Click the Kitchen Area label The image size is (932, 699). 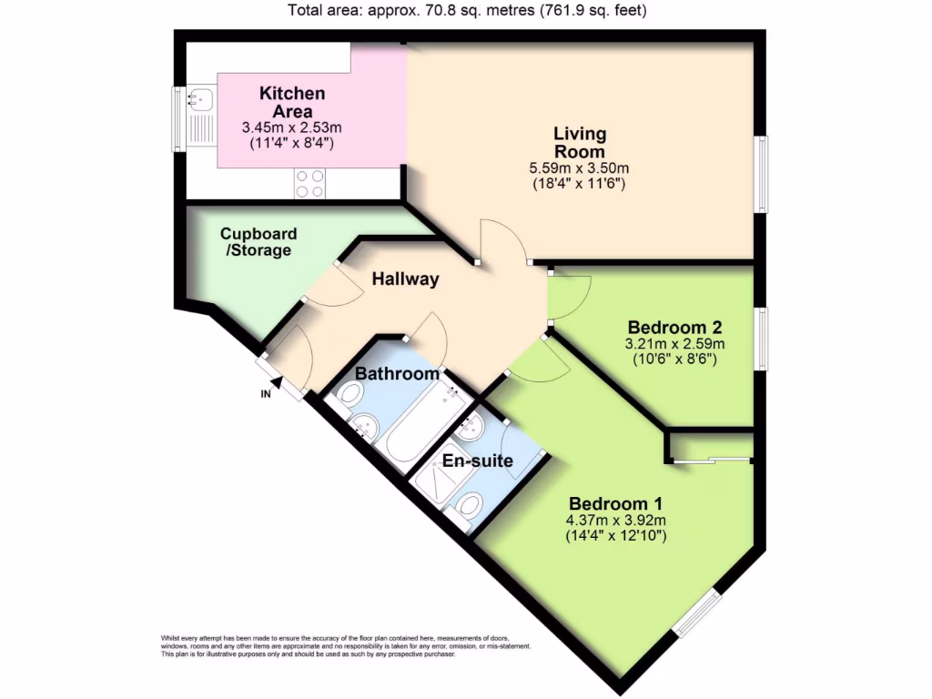pos(292,102)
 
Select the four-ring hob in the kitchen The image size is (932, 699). pos(310,183)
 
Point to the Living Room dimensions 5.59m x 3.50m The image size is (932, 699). pos(580,168)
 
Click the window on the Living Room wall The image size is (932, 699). pos(760,175)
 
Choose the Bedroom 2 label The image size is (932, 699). pos(674,328)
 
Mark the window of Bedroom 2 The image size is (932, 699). pos(760,339)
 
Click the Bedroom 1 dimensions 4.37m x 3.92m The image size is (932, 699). pos(616,521)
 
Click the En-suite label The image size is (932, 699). pos(477,461)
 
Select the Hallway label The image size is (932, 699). pos(405,279)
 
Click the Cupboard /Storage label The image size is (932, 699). pos(258,242)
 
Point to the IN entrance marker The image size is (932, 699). pos(267,393)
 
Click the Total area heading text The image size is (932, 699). pos(468,11)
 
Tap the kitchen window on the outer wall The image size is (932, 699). pos(178,118)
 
